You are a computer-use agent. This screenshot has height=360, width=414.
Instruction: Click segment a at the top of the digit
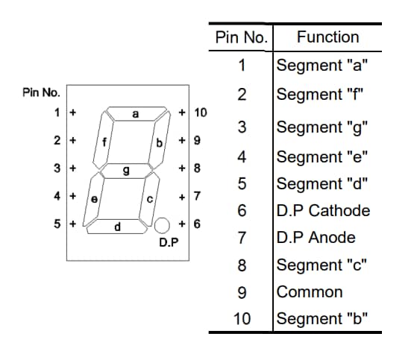pos(135,114)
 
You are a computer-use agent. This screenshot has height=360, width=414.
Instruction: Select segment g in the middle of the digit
pos(126,171)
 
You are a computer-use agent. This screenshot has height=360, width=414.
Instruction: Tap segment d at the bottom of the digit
pos(118,226)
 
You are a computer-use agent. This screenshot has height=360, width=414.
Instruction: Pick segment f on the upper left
pos(103,141)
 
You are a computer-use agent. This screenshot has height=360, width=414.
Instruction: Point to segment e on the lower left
pos(93,198)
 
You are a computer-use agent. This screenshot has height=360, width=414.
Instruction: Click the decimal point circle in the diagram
pos(163,224)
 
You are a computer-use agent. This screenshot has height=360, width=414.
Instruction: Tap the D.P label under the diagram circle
pos(168,243)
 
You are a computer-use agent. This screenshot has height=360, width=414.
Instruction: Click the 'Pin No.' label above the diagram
pos(42,93)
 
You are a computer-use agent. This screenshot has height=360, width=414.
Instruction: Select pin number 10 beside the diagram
pos(200,113)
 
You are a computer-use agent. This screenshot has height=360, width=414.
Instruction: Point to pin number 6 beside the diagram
pos(197,223)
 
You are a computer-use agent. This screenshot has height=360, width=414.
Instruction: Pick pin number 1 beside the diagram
pos(57,113)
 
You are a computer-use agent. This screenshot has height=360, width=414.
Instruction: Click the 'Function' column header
pos(327,37)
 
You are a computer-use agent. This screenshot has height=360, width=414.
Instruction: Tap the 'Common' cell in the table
pos(310,291)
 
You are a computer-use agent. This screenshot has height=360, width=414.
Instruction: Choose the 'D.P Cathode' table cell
pos(323,210)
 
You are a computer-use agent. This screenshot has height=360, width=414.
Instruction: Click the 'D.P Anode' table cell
pos(316,238)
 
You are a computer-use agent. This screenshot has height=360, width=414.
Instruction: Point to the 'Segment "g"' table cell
pos(321,127)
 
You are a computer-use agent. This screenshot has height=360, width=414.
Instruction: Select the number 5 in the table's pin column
pos(242,183)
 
